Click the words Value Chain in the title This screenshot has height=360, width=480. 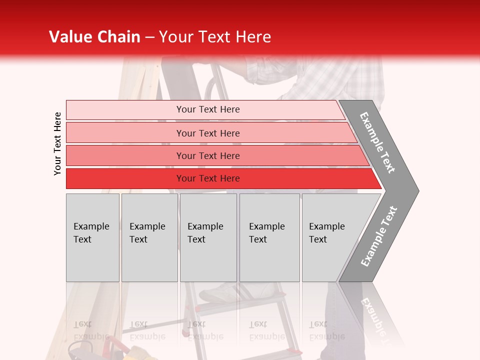[x=94, y=37]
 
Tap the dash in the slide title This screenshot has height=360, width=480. [x=149, y=37]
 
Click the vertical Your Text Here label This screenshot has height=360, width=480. [x=57, y=143]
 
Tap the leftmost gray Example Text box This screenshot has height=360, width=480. [x=92, y=237]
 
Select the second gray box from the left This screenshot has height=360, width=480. [x=149, y=237]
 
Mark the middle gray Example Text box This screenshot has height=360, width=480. [x=208, y=237]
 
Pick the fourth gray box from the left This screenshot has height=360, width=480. [x=269, y=237]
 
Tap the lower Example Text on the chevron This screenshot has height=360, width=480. [x=379, y=236]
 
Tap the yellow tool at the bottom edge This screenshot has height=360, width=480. [x=135, y=354]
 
